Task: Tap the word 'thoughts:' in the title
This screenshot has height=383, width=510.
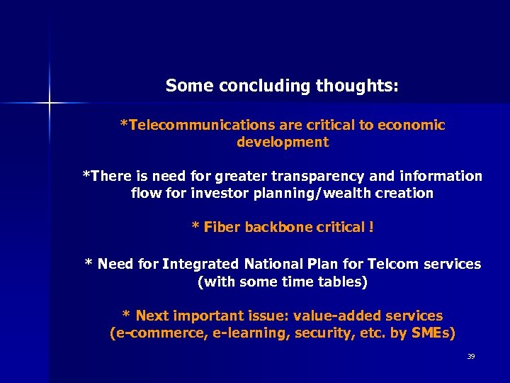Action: tap(357, 87)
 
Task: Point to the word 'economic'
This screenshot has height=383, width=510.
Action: tap(412, 126)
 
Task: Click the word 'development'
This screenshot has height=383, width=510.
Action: tap(283, 142)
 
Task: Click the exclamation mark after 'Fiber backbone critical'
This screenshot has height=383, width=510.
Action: tap(370, 228)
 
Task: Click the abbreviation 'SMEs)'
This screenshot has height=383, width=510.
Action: tap(433, 333)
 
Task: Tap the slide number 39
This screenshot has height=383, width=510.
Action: tap(470, 356)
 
